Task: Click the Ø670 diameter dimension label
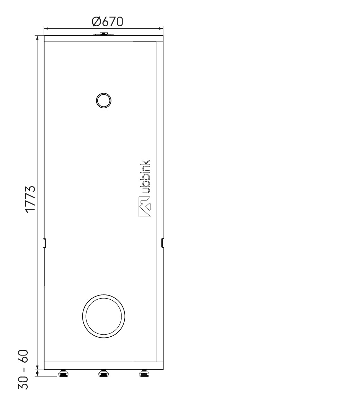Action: pyautogui.click(x=107, y=22)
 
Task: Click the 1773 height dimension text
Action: pyautogui.click(x=30, y=199)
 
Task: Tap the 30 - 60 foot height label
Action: pyautogui.click(x=23, y=369)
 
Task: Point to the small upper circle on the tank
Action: pyautogui.click(x=104, y=100)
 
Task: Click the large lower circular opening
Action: pyautogui.click(x=103, y=316)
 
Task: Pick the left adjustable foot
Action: pyautogui.click(x=63, y=373)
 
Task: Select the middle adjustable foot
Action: pyautogui.click(x=104, y=373)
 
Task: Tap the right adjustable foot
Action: pyautogui.click(x=144, y=373)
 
